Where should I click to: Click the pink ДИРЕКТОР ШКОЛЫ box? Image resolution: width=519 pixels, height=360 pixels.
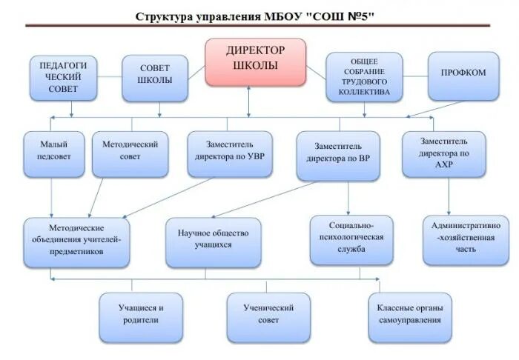[x=255, y=61]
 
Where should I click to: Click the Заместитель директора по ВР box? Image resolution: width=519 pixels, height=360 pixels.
[x=338, y=155]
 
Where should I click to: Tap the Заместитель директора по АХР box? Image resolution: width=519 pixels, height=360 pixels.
[x=443, y=153]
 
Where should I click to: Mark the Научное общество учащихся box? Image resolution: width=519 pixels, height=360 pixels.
[x=214, y=241]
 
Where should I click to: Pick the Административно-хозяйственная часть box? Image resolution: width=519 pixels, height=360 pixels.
[x=466, y=239]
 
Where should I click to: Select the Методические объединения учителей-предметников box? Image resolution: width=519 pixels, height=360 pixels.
[x=76, y=241]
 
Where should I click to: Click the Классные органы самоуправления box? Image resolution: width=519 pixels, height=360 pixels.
[x=409, y=316]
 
